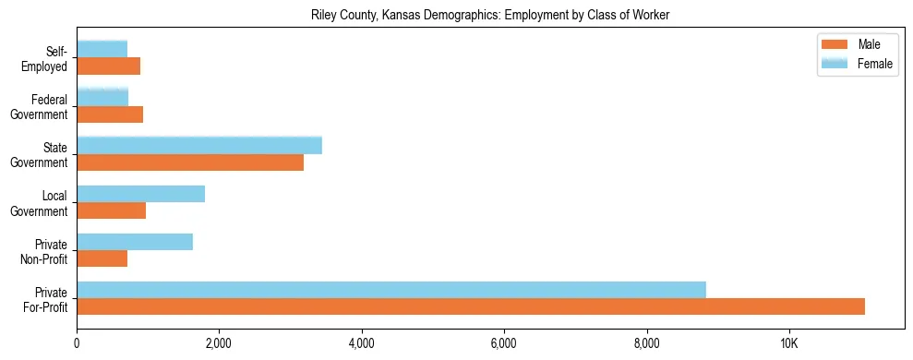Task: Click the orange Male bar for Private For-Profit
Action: (471, 306)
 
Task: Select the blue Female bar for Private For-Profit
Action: (391, 290)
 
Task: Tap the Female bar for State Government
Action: (199, 145)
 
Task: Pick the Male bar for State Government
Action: (190, 162)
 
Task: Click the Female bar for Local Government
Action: (140, 194)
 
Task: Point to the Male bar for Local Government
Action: (111, 210)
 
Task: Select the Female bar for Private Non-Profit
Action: (135, 242)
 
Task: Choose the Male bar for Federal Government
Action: (110, 114)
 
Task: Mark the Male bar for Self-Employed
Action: (108, 66)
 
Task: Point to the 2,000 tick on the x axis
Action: (219, 343)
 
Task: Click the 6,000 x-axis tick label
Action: (504, 343)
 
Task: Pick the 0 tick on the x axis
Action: (77, 343)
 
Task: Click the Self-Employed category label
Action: (49, 59)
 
